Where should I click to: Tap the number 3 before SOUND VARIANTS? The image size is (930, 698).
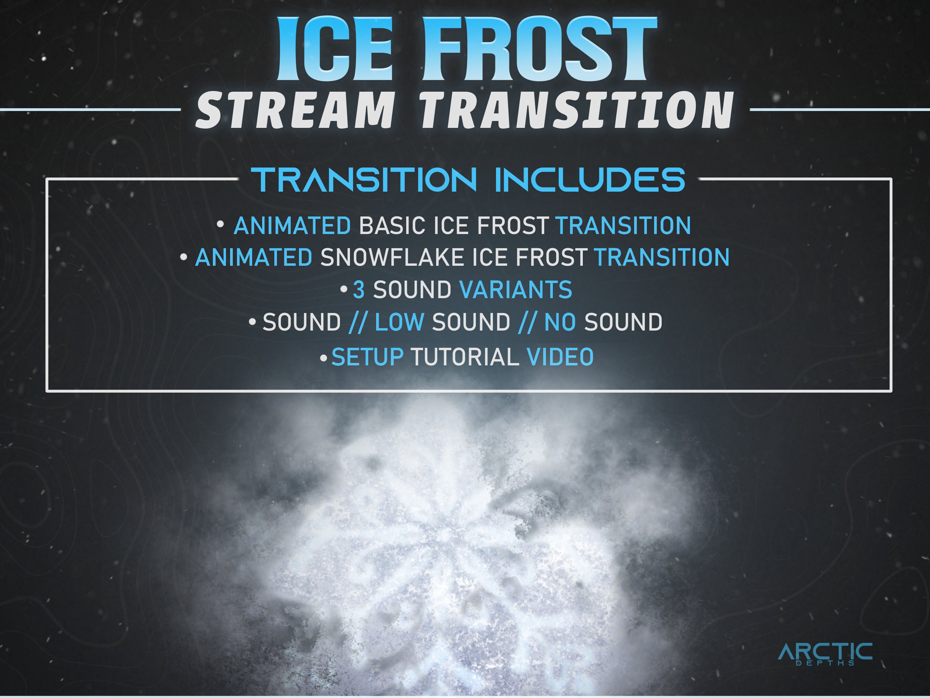pos(359,290)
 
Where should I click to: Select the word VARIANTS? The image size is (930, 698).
pos(515,290)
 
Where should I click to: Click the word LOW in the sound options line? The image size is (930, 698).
pos(399,322)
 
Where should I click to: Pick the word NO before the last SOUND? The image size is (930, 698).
pos(560,322)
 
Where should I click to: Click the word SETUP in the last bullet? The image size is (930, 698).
pos(367,357)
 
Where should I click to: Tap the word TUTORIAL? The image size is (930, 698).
pos(465,357)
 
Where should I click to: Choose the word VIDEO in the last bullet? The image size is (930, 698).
pos(560,357)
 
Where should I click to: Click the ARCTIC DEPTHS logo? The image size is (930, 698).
pos(825,653)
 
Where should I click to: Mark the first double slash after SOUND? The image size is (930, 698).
pos(358,323)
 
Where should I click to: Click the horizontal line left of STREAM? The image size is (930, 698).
pos(90,110)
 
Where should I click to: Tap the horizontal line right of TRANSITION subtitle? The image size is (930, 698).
pos(839,110)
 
